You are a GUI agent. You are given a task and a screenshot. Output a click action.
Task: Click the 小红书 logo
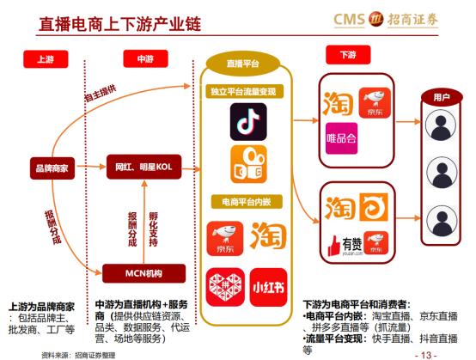click(268, 283)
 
